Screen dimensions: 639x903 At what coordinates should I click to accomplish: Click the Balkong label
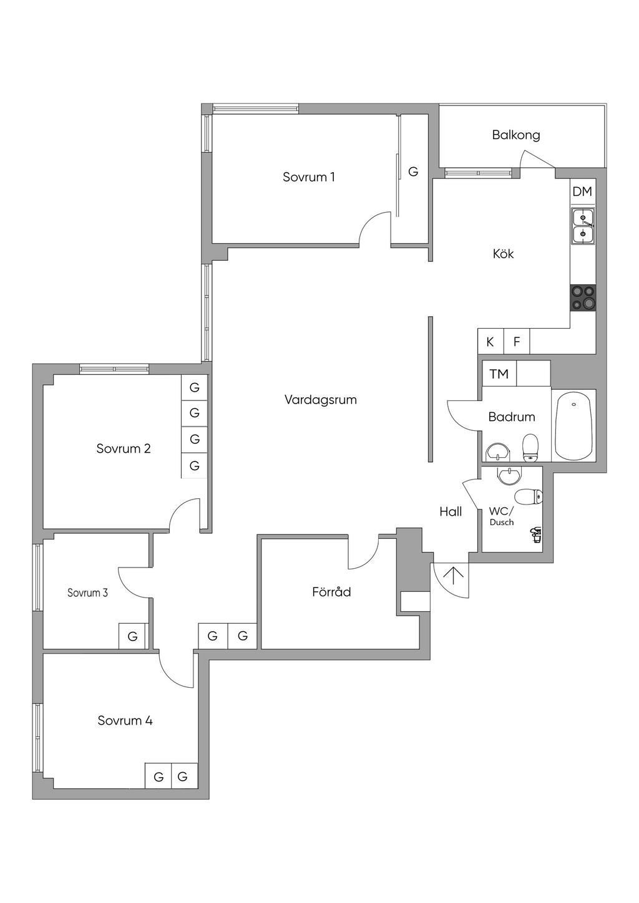tap(516, 135)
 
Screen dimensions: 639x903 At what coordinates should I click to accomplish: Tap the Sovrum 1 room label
tap(309, 177)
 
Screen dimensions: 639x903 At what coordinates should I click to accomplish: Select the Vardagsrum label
tap(321, 400)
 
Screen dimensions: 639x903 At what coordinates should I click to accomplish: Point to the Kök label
tap(504, 254)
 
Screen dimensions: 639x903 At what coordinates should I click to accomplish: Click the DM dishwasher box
tap(582, 191)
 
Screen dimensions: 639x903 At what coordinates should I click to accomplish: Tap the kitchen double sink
tap(582, 226)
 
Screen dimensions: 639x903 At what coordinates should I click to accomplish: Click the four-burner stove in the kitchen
tap(583, 297)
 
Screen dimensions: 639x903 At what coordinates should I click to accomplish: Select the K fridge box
tap(490, 342)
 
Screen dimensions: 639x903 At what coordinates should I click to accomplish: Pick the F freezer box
tap(516, 342)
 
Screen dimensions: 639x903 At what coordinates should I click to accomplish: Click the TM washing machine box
tap(499, 374)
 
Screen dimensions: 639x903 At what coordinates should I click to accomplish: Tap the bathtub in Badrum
tap(573, 427)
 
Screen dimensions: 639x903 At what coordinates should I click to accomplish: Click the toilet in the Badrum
tap(530, 448)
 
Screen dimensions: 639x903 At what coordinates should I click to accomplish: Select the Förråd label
tap(331, 592)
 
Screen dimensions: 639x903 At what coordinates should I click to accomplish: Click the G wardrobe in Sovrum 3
tap(132, 636)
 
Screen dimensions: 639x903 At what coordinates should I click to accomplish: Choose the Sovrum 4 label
tap(125, 720)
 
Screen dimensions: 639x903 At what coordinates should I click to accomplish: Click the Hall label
tap(451, 512)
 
